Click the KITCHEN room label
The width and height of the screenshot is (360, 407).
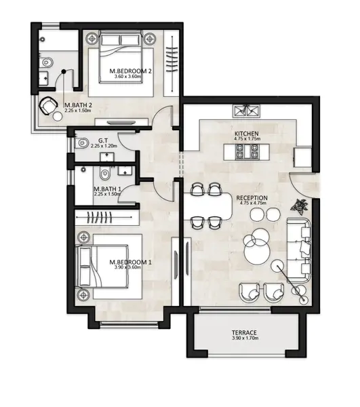pos(246,134)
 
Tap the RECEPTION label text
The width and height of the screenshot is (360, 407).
pos(252,198)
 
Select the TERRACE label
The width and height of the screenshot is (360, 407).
pos(244,332)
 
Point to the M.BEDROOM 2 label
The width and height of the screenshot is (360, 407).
pos(130,71)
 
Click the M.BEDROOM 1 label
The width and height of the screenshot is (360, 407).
pos(130,262)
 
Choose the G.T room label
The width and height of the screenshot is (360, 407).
pos(103,140)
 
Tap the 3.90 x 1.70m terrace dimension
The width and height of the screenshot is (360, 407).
pos(245,338)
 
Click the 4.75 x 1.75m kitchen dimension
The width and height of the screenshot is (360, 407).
pos(247,138)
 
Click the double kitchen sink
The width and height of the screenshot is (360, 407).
pos(246,111)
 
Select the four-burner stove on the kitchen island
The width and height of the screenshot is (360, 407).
pos(247,152)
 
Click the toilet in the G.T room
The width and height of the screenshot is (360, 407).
pos(82,142)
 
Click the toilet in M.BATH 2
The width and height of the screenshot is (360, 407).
pos(46,62)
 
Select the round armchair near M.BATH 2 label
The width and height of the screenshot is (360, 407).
pos(48,106)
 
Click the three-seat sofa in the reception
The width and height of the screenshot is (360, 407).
pos(299,250)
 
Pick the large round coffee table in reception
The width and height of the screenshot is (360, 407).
pos(257,251)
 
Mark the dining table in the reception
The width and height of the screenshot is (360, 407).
pos(207,206)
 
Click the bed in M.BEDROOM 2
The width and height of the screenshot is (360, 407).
pos(121,57)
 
